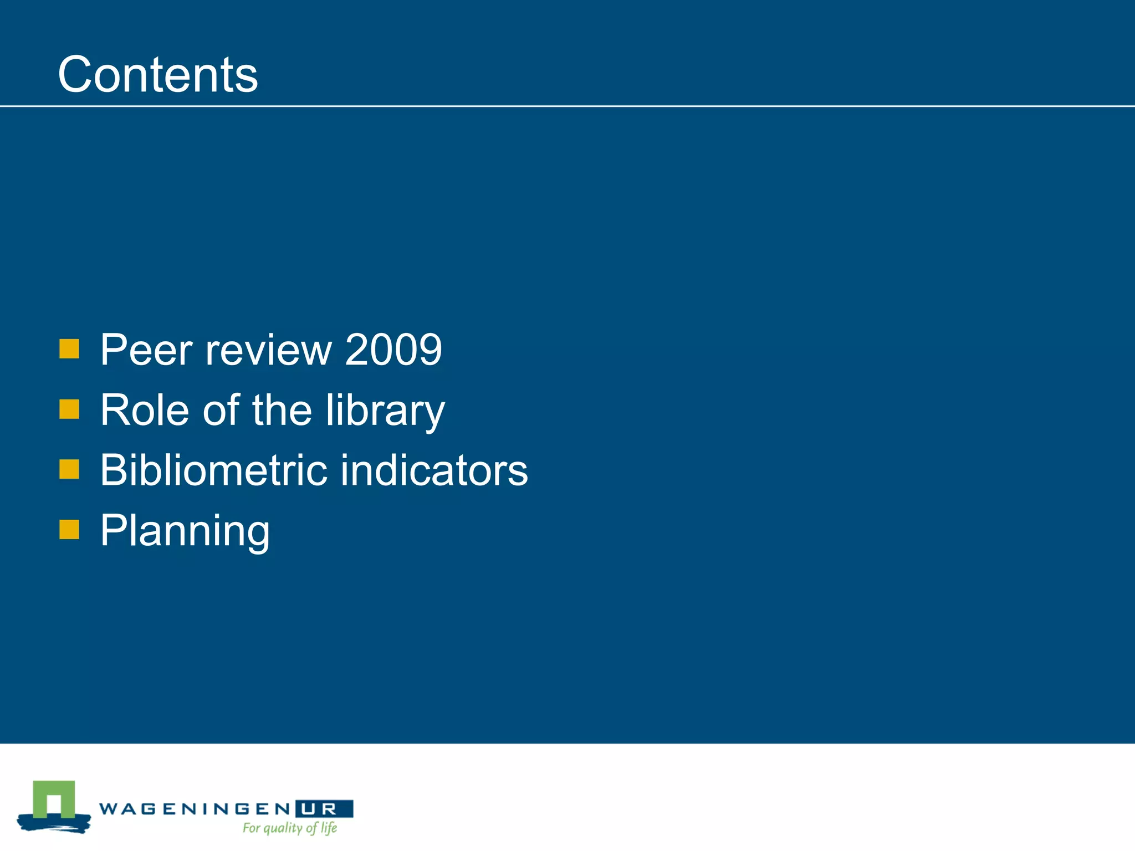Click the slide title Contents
(158, 74)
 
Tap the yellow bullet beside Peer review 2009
(69, 349)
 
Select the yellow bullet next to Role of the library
(69, 409)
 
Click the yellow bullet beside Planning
(69, 529)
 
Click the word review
(268, 350)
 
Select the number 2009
(393, 350)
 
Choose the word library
(385, 411)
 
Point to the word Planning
(185, 531)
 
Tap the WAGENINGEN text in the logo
(195, 809)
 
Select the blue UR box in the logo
(324, 809)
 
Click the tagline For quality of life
(290, 828)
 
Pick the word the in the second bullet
(282, 410)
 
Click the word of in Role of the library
(221, 410)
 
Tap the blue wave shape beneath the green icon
(54, 823)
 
